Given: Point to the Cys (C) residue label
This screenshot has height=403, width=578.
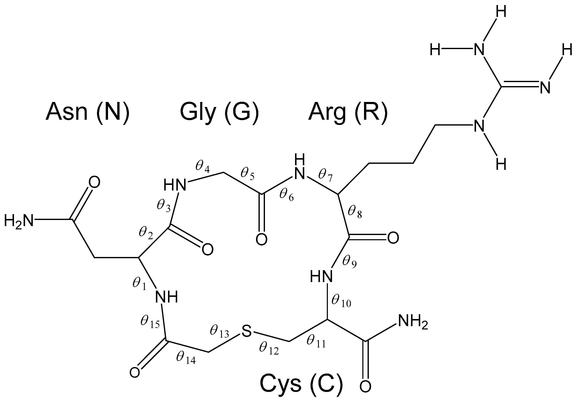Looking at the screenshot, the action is (301, 384).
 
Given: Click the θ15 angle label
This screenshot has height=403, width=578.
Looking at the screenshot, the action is (150, 322).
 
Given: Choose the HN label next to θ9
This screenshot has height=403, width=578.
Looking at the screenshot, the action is (321, 276).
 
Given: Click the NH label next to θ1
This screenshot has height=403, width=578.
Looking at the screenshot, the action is (166, 297).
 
